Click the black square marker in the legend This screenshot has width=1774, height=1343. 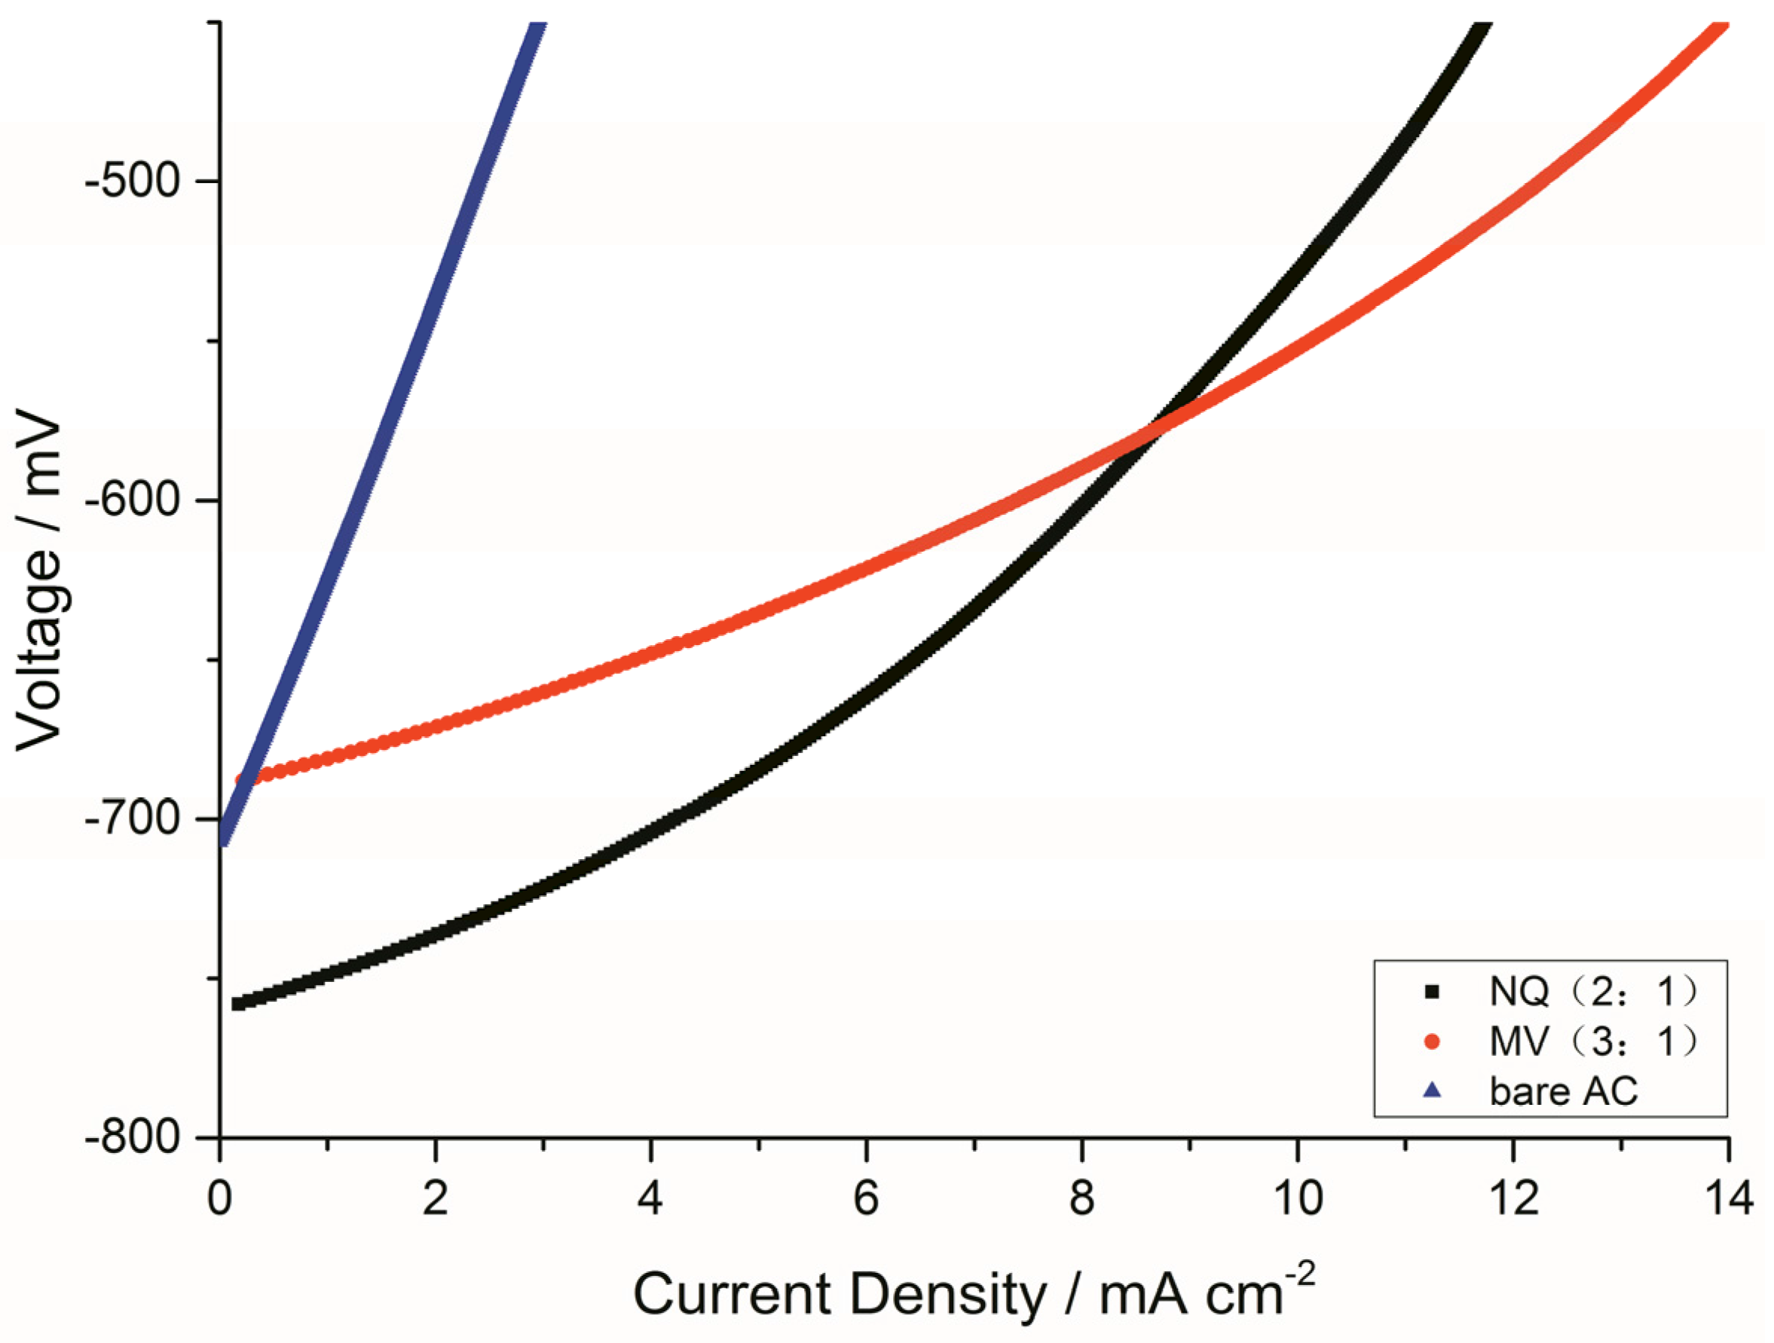tap(1432, 993)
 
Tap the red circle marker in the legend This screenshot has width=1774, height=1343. tap(1432, 1042)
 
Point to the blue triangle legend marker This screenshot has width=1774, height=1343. tap(1432, 1091)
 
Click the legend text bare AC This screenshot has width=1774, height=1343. tap(1563, 1091)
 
